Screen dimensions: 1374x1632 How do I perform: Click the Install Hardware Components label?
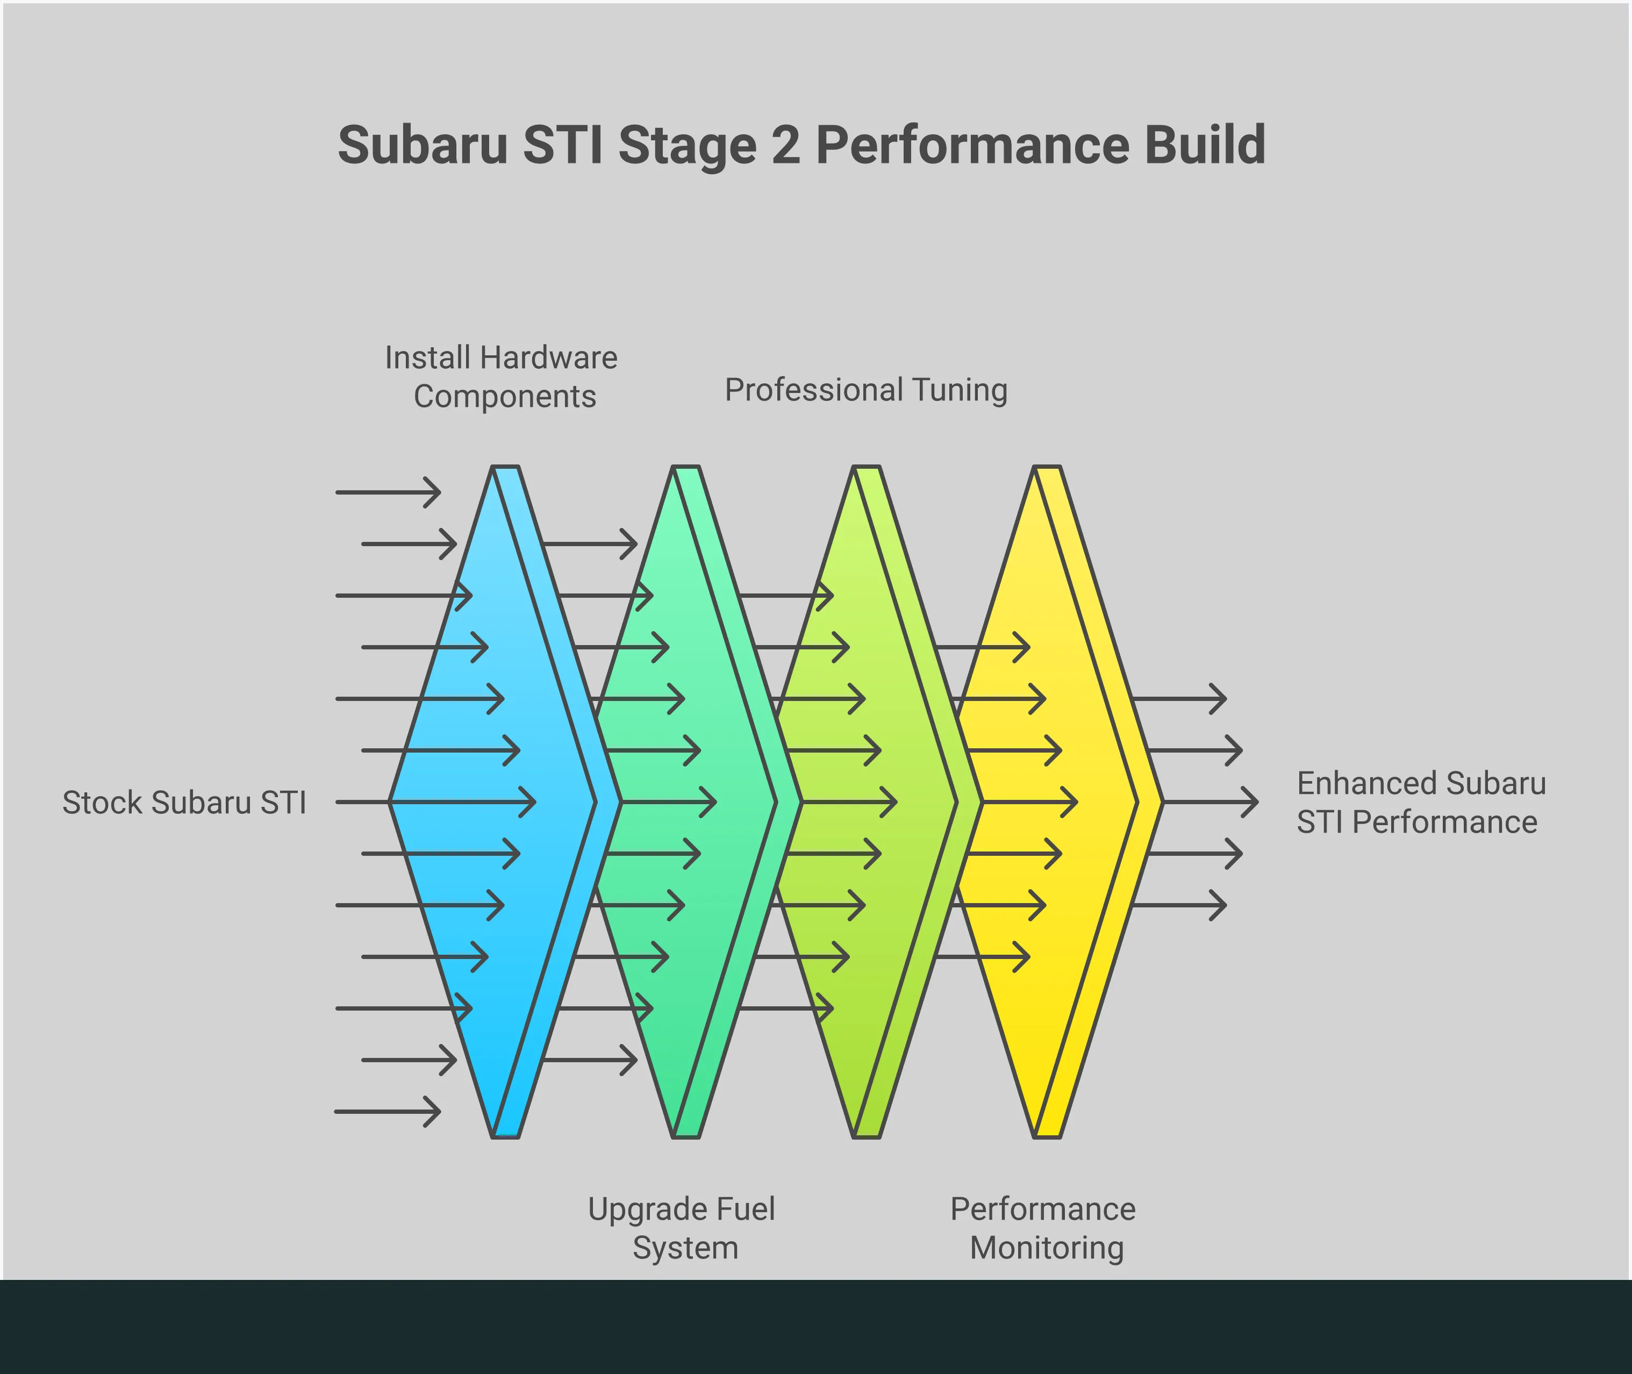tap(502, 377)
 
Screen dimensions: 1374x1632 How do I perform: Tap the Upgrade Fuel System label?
tap(682, 1228)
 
